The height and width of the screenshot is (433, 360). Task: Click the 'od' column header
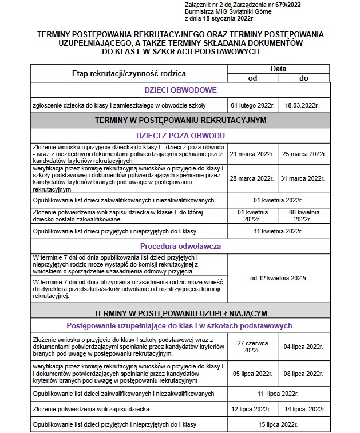coord(252,78)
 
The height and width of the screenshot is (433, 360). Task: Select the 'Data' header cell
coord(278,69)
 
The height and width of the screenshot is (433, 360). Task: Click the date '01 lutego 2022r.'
coord(252,106)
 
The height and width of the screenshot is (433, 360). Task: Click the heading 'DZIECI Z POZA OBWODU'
coord(180,135)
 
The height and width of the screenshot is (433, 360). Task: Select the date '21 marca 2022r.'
coord(252,154)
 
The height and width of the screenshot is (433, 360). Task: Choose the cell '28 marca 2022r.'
coord(252,179)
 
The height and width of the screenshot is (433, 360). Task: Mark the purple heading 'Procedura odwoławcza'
coord(180,247)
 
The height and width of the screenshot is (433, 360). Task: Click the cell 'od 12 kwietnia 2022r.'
coord(279,278)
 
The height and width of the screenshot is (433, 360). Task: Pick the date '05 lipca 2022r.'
coord(252,372)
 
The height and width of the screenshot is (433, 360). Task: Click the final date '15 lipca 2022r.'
coord(278,424)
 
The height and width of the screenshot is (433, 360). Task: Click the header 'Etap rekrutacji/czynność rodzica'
coord(129,74)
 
